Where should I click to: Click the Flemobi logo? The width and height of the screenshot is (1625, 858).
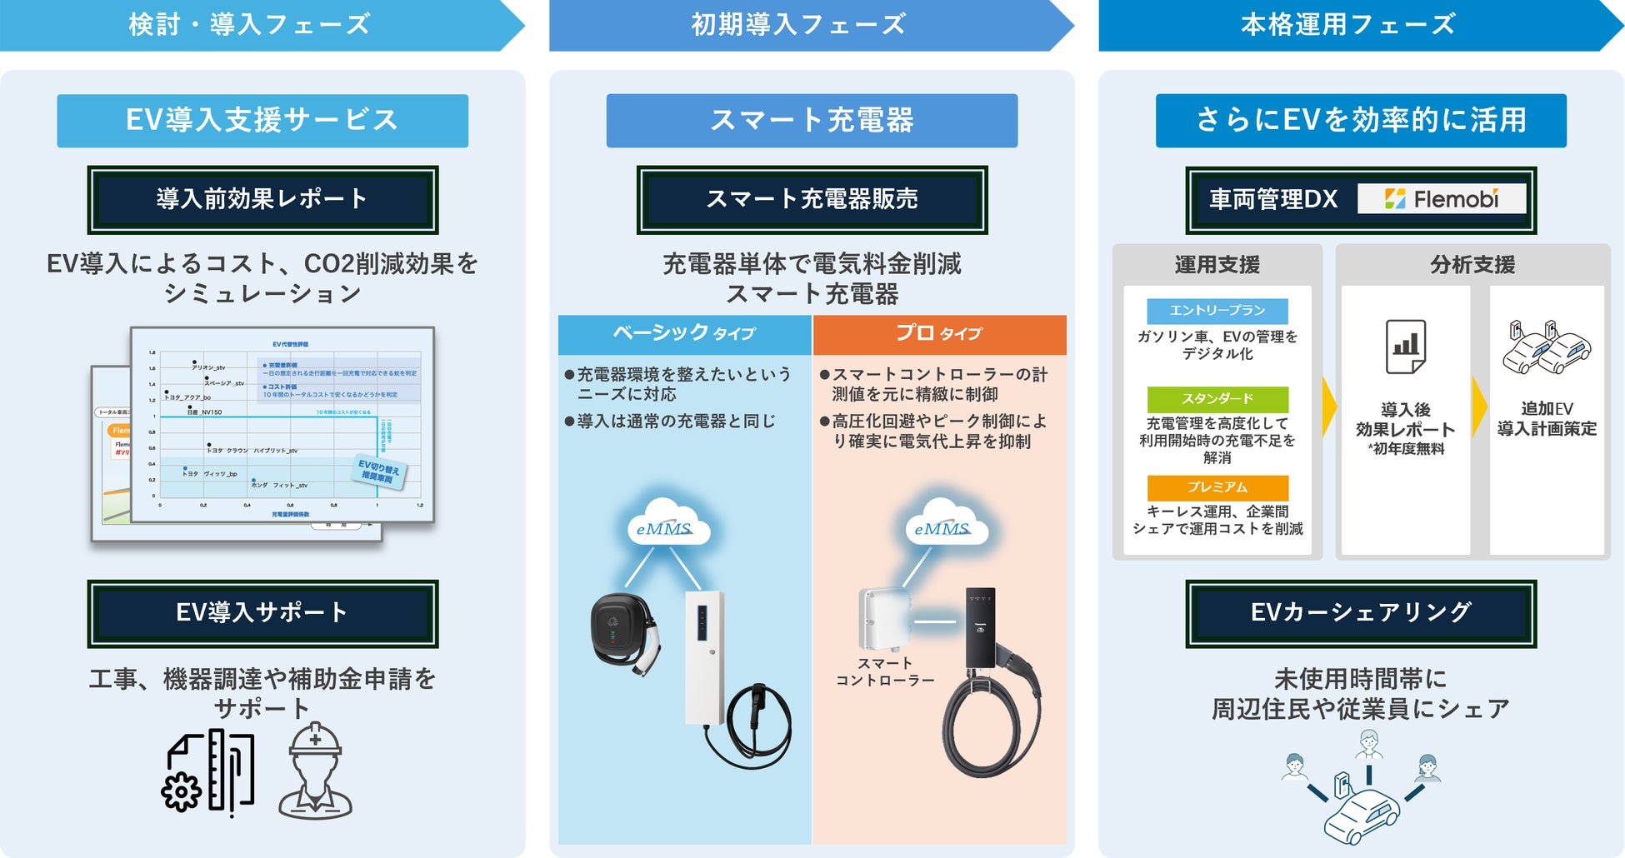[1442, 199]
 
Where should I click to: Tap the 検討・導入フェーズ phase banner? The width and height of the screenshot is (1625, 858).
[250, 25]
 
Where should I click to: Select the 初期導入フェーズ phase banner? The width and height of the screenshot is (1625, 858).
[798, 25]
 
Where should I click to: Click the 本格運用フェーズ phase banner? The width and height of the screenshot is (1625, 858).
[1347, 25]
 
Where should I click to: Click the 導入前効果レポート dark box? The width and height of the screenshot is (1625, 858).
[262, 200]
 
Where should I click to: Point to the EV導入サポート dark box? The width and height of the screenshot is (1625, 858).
[262, 613]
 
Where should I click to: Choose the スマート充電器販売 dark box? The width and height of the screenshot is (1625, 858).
[812, 200]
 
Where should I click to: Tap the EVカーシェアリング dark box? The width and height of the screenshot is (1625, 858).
[1361, 613]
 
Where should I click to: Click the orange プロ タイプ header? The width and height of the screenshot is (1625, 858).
[939, 334]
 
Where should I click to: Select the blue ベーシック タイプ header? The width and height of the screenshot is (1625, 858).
[684, 334]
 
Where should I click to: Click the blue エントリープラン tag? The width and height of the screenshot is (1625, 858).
[1217, 311]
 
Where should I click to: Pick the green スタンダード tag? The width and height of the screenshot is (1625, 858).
[1217, 399]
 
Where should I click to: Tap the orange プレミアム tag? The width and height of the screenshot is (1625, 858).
[1217, 487]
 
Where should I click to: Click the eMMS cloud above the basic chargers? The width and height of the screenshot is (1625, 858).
[666, 525]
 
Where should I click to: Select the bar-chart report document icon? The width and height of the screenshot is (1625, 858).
[1405, 346]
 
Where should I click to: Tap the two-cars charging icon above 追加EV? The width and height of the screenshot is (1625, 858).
[1546, 346]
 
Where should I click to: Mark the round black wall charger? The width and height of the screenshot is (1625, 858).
[620, 629]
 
